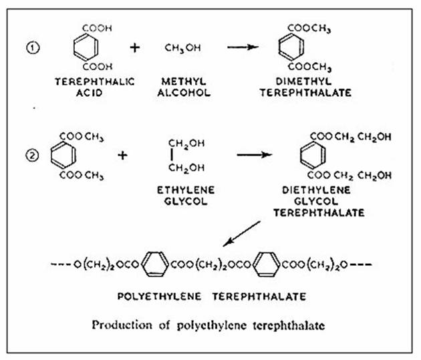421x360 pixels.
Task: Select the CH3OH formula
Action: point(181,48)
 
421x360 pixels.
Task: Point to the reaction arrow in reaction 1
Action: point(242,48)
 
